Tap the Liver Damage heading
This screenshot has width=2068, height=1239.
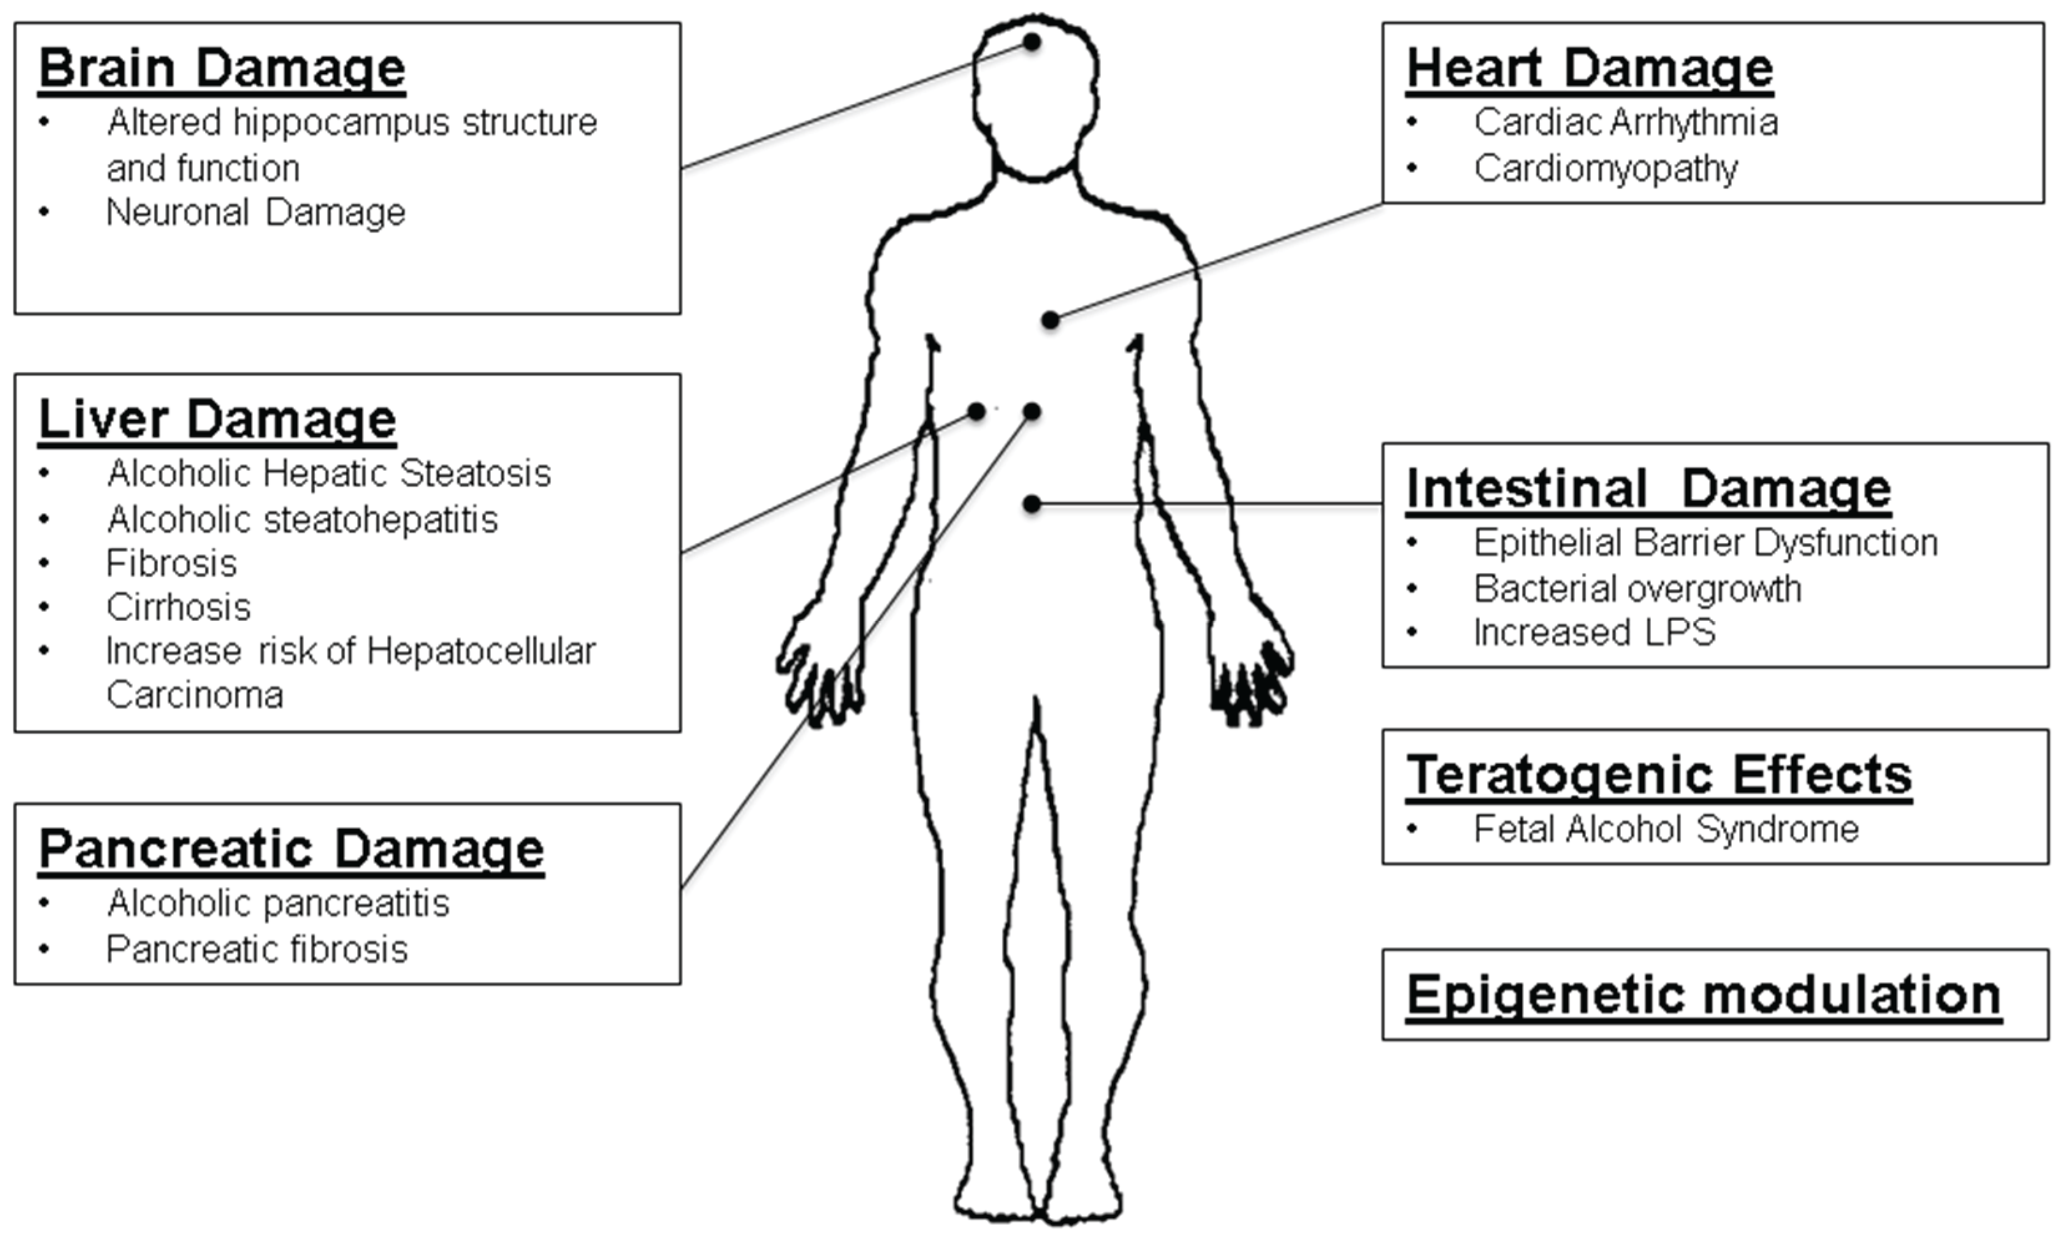(x=217, y=419)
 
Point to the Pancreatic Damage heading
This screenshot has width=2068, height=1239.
(x=291, y=849)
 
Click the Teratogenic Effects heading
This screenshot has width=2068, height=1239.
(x=1659, y=775)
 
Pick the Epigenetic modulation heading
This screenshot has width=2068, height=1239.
(x=1703, y=995)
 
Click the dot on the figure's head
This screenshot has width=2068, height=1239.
(x=1033, y=42)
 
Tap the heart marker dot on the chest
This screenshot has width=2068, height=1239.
(x=1051, y=320)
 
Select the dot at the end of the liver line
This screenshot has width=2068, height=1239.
(x=976, y=412)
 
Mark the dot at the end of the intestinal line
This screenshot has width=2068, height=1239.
(x=1033, y=503)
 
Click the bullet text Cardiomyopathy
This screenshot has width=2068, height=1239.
(x=1605, y=168)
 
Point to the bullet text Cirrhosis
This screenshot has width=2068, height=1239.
(x=178, y=607)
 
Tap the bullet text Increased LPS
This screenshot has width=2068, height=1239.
(x=1594, y=632)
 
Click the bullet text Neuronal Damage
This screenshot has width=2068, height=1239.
(x=256, y=212)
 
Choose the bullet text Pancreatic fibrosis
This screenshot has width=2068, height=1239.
(x=257, y=949)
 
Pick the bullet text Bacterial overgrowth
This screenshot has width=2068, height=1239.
(x=1637, y=589)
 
